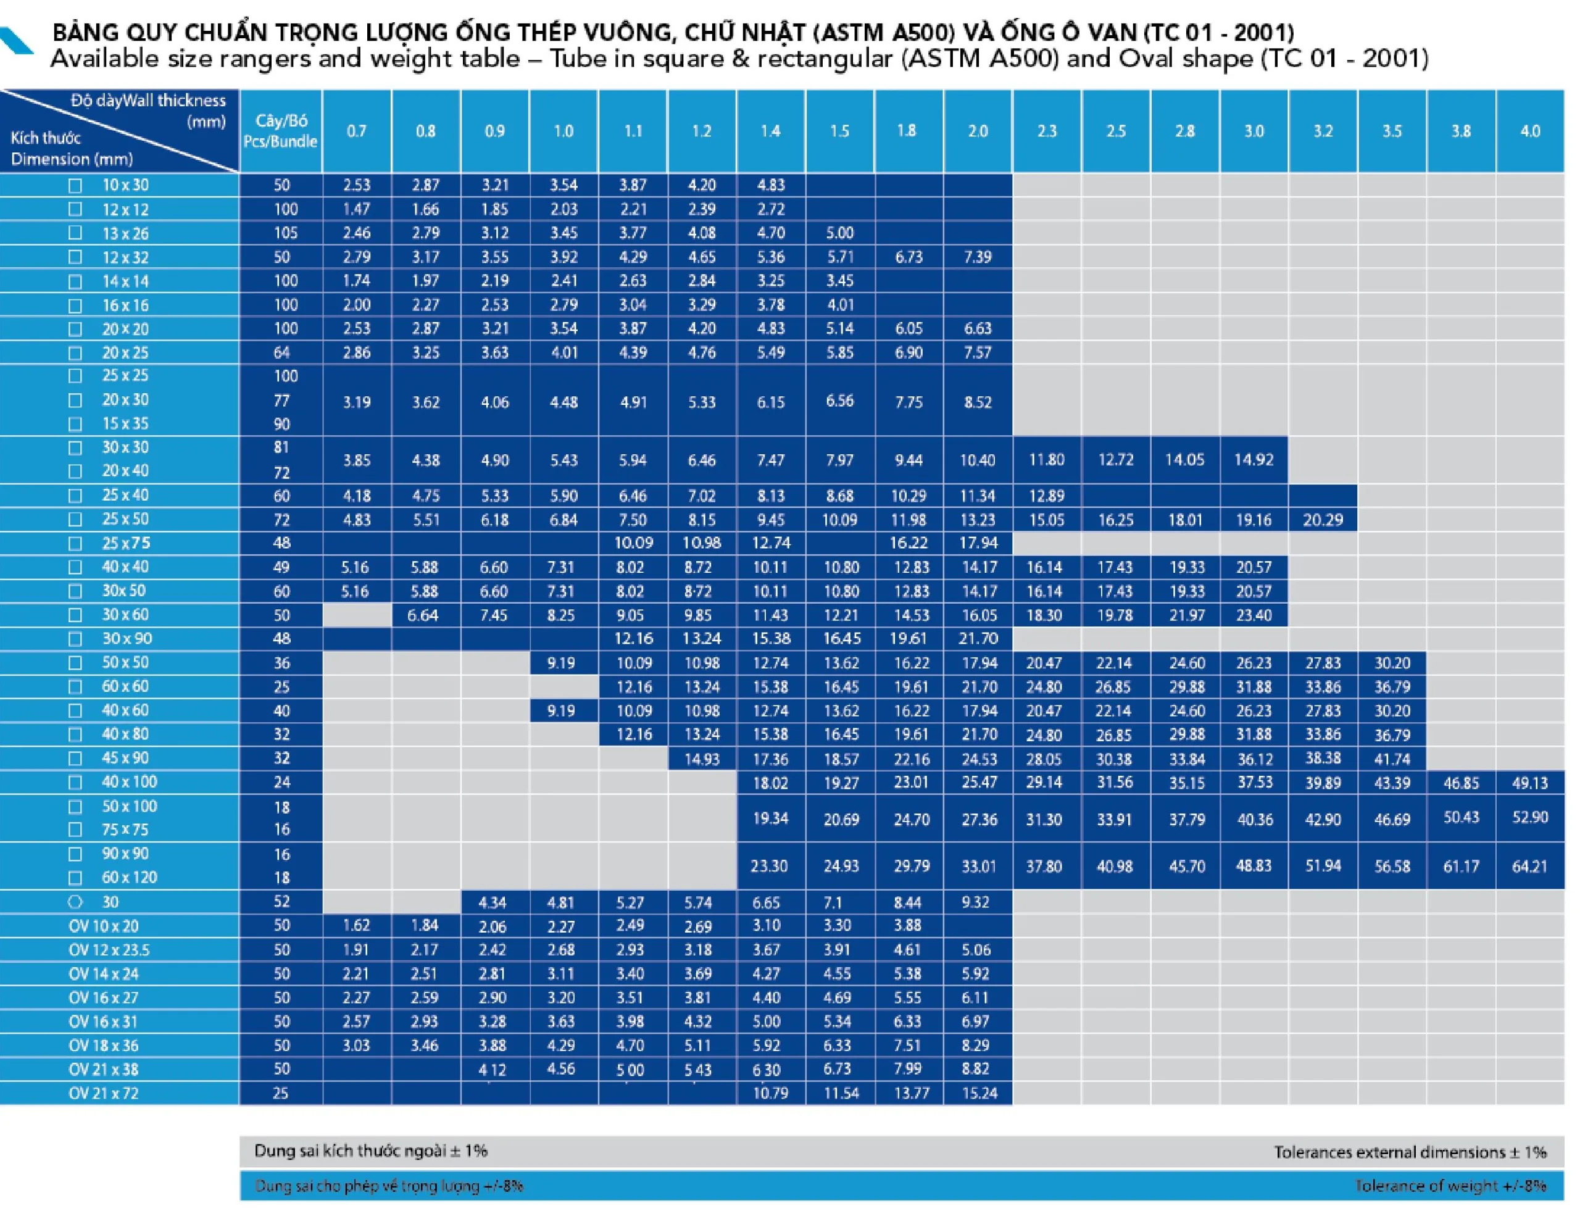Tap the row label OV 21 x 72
tap(103, 1092)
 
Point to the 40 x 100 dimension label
tap(129, 781)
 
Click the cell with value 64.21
tap(1529, 866)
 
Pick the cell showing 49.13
tap(1529, 783)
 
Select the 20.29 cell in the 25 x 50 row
tap(1323, 520)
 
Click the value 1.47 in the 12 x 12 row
tap(356, 209)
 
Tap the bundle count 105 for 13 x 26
tap(285, 233)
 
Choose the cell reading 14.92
tap(1254, 459)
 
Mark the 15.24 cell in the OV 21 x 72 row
tap(979, 1092)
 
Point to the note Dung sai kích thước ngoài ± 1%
tap(370, 1151)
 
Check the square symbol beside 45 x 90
tap(75, 759)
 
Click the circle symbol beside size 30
tap(75, 902)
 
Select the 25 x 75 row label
tap(125, 543)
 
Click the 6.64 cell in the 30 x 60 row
tap(423, 615)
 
